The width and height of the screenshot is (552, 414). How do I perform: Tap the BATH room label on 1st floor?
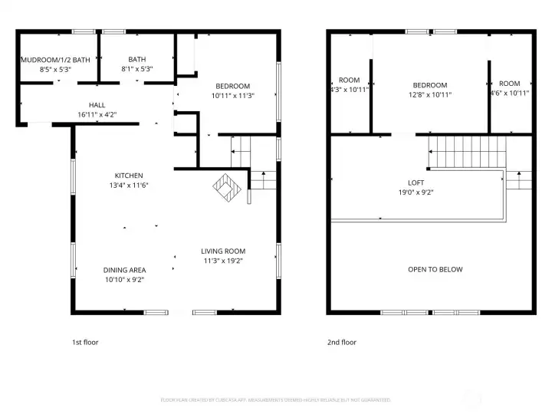[x=137, y=59]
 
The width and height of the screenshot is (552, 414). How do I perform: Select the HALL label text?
[x=97, y=105]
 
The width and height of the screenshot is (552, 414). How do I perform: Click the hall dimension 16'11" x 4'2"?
[x=97, y=114]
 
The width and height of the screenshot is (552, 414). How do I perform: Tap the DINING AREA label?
[x=124, y=270]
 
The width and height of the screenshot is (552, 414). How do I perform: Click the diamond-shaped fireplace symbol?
[x=227, y=186]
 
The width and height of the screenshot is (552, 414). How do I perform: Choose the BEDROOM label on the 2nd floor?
[x=429, y=85]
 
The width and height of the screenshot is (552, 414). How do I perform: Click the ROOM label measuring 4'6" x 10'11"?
[x=509, y=83]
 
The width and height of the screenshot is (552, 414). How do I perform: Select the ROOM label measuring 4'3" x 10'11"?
[x=349, y=80]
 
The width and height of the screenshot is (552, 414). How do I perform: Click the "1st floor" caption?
[x=84, y=342]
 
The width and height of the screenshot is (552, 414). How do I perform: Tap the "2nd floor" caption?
[x=342, y=342]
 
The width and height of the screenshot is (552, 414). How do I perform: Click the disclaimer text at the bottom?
[x=275, y=400]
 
